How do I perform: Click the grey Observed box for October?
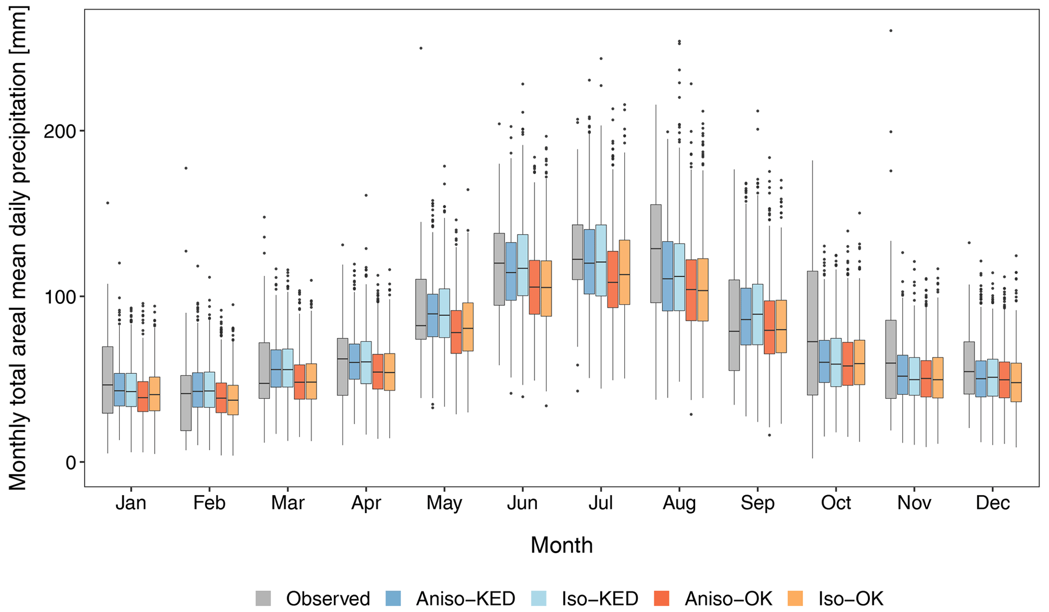[813, 333]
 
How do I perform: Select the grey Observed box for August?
[656, 253]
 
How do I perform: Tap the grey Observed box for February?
[186, 403]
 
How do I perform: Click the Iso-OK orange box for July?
[624, 272]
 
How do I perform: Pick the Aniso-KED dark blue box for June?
[511, 271]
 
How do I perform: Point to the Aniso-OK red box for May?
[456, 332]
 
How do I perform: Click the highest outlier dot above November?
[891, 31]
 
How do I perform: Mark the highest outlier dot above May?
[421, 48]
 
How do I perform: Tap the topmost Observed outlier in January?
[108, 203]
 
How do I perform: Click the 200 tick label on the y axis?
[60, 131]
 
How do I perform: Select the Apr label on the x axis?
[366, 503]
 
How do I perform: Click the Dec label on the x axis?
[993, 503]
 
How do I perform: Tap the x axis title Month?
[561, 545]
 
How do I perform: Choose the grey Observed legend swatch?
[263, 598]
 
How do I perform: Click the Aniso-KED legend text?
[465, 599]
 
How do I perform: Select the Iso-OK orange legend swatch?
[795, 598]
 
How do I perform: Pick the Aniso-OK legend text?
[728, 599]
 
